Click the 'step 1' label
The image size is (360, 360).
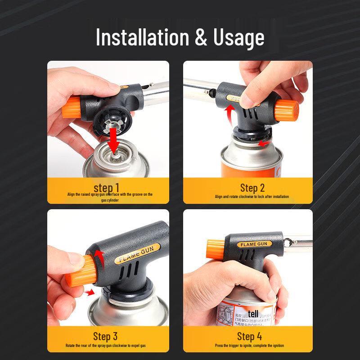click(107, 187)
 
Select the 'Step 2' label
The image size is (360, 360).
click(252, 188)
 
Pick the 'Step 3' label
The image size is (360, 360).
click(105, 336)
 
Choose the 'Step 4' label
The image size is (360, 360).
click(249, 336)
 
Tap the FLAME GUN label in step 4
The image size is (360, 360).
click(254, 244)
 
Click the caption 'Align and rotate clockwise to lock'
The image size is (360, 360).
click(252, 197)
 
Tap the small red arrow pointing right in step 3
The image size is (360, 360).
click(90, 292)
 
